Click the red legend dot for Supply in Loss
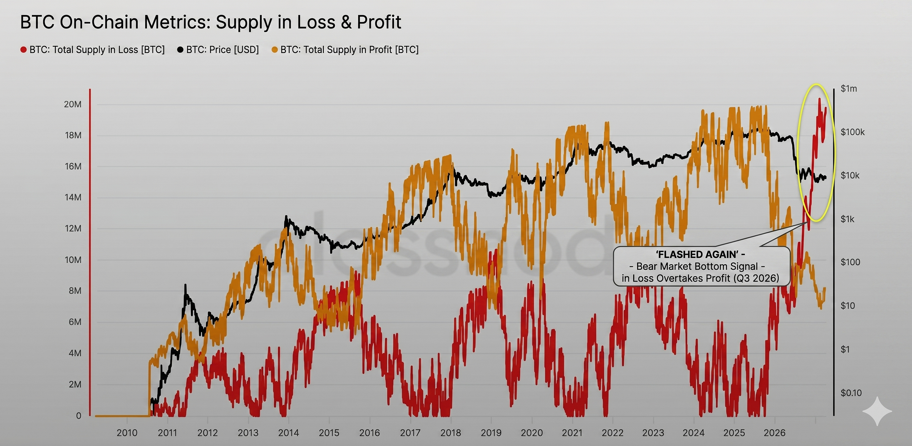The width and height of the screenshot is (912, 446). (x=24, y=50)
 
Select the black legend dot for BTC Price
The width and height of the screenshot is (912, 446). (x=180, y=50)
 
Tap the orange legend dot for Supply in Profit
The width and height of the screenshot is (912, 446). (x=274, y=50)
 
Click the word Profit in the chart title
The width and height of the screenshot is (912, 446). (x=379, y=22)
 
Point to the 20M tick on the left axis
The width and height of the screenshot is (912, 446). (x=73, y=104)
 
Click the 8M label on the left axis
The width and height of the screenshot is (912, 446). (x=75, y=291)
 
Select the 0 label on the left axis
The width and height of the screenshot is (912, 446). (x=79, y=416)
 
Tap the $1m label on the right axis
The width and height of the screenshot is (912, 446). (x=849, y=88)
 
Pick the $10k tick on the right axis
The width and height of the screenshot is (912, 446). (x=850, y=176)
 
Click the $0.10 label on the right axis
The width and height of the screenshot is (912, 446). (x=851, y=393)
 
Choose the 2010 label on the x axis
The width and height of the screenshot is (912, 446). (x=127, y=433)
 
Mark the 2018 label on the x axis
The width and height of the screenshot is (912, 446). (x=451, y=433)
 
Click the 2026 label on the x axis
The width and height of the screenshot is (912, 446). (x=774, y=433)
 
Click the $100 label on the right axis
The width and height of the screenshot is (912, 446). (x=850, y=262)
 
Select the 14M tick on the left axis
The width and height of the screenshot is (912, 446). (x=73, y=197)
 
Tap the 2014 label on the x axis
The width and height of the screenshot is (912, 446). (x=289, y=433)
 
